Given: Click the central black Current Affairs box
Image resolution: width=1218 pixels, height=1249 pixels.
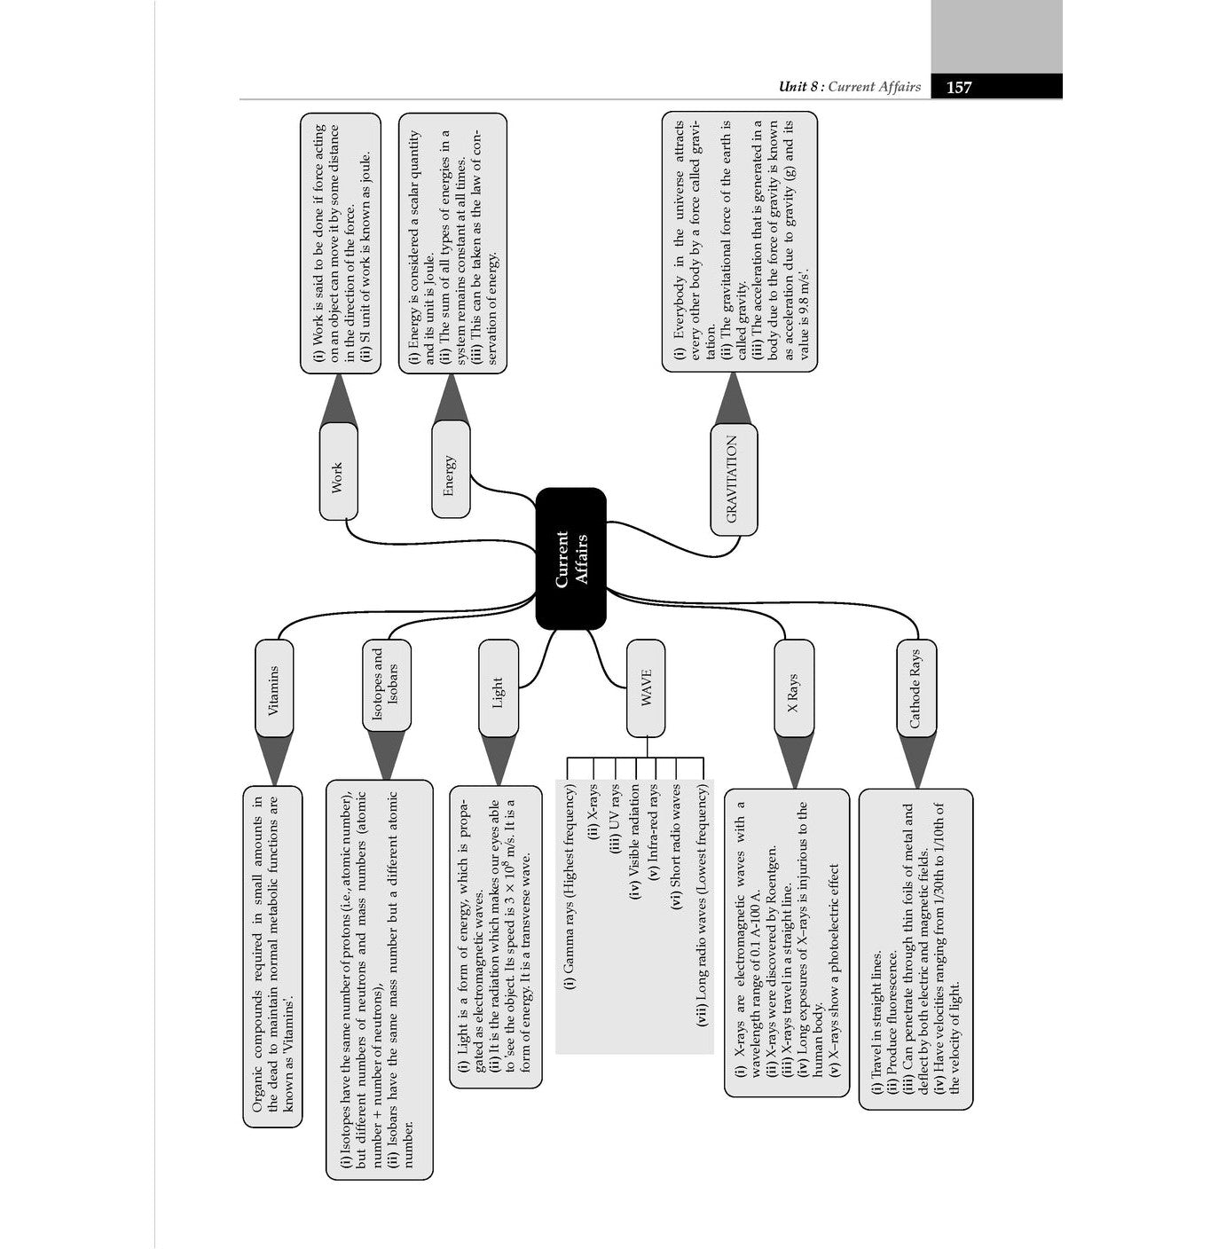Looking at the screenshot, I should [571, 558].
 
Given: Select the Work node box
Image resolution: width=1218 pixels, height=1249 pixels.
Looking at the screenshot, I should [338, 471].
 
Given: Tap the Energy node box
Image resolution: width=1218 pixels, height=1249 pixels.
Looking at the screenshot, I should [451, 470].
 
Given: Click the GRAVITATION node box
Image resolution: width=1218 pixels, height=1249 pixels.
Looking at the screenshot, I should [734, 479].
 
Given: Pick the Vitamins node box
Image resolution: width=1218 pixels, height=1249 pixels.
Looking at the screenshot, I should [274, 688].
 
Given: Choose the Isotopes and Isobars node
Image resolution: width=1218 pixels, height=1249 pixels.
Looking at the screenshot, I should [387, 685].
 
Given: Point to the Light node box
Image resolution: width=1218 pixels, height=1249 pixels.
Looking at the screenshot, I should [499, 689].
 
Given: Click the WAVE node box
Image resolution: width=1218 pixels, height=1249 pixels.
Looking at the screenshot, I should [646, 688].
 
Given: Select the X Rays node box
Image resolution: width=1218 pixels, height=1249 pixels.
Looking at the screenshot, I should [794, 689].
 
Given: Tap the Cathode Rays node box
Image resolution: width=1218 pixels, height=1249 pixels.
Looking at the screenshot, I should [916, 688].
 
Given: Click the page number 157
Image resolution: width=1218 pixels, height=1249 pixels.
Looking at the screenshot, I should [959, 87].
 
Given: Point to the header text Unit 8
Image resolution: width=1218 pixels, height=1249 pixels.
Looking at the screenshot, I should [793, 87].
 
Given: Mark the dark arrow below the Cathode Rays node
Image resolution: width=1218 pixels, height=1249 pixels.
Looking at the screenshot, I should [916, 760].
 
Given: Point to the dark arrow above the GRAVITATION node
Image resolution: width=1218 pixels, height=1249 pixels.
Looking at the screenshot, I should [733, 400].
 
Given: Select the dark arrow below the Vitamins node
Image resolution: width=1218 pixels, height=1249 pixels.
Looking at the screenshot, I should [274, 760].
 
